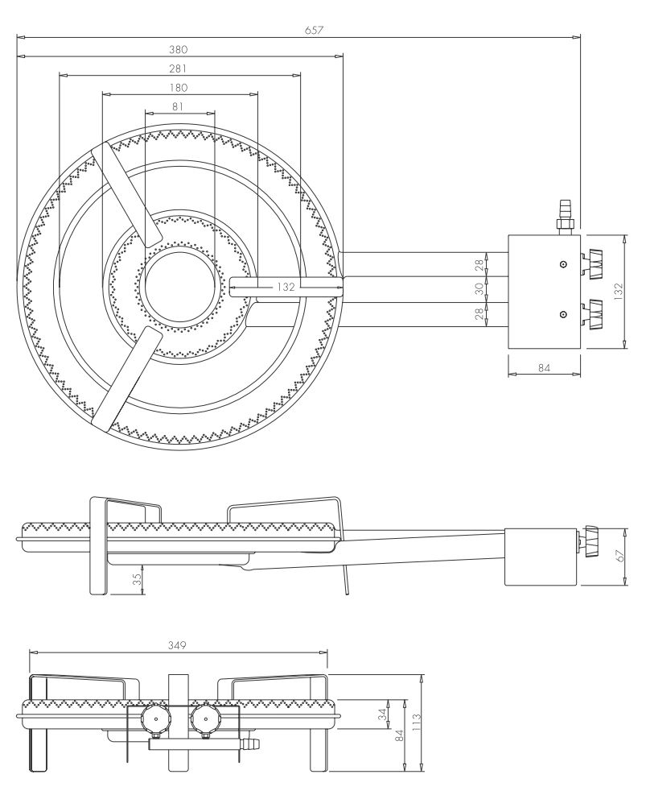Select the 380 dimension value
[x=179, y=49]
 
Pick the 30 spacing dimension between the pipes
[x=480, y=288]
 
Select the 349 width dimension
[x=178, y=644]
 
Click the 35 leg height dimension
[x=138, y=579]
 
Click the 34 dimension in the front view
[x=384, y=712]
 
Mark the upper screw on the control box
[x=563, y=264]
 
